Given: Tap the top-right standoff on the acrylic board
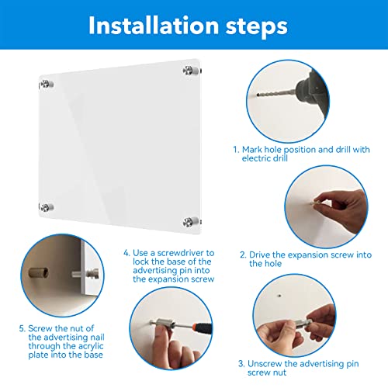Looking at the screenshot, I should pyautogui.click(x=189, y=72).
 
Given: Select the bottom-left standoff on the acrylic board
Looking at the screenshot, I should pyautogui.click(x=47, y=207).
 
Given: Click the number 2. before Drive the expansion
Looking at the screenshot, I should pyautogui.click(x=242, y=255).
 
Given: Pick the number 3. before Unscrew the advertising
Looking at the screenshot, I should pyautogui.click(x=241, y=362).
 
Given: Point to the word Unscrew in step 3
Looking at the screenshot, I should pyautogui.click(x=265, y=362).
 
